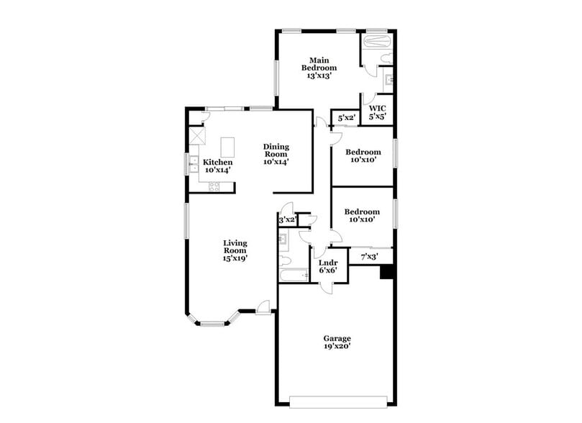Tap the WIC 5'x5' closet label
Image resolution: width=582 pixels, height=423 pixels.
(378, 112)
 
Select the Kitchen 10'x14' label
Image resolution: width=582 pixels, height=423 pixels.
(217, 166)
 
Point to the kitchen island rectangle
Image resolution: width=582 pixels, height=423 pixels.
(228, 147)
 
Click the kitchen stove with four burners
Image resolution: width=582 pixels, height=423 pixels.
(214, 186)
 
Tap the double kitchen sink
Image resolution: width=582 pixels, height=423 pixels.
(194, 166)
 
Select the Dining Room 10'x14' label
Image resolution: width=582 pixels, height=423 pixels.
(275, 154)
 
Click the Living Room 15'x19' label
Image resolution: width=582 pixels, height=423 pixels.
(235, 250)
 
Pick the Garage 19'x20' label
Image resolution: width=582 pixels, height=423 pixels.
(337, 342)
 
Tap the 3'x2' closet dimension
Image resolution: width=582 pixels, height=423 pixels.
(287, 219)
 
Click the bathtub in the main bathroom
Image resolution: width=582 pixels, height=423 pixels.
(377, 42)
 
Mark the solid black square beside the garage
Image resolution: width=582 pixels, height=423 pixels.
(386, 272)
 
